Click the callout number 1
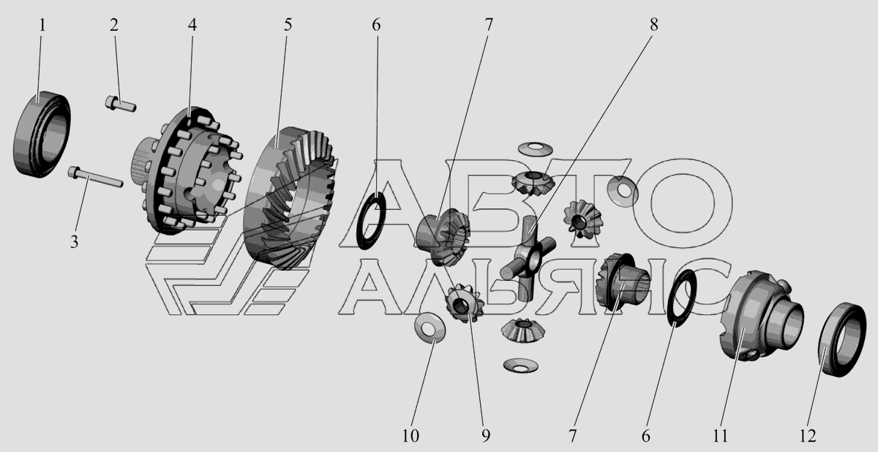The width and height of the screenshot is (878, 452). click(42, 26)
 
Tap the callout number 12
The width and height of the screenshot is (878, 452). click(808, 436)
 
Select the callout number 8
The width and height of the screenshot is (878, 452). click(654, 25)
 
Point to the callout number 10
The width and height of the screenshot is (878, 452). click(410, 436)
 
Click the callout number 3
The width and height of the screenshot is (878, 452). click(75, 241)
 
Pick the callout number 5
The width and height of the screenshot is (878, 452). click(288, 25)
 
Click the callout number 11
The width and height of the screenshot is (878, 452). click(720, 436)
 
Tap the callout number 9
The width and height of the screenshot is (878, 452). click(486, 436)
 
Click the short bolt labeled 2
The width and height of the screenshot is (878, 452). click(120, 104)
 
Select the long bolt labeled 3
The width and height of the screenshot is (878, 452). click(95, 177)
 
